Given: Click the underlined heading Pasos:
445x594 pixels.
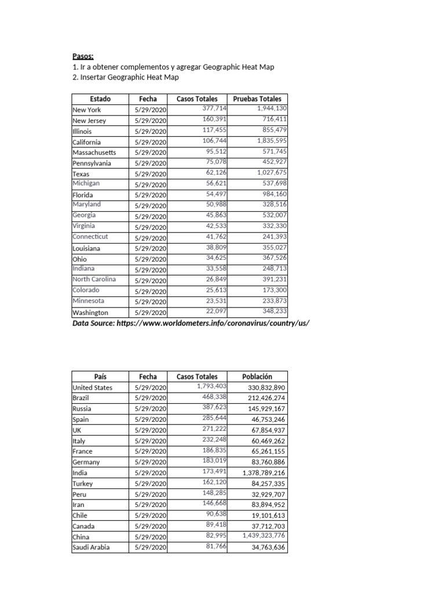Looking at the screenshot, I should coord(83,56).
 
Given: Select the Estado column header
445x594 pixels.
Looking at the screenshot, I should coord(100,99).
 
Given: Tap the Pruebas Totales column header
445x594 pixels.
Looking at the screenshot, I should coord(257,99).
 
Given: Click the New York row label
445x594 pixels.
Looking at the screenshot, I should coord(87,110).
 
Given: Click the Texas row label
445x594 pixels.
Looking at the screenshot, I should coord(81,174).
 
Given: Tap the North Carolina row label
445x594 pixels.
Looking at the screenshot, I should coord(94,279).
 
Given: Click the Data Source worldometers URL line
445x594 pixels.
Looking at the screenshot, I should coord(187,323).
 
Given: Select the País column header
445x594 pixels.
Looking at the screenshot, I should coord(100,376).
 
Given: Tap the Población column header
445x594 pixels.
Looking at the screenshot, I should coord(257,376).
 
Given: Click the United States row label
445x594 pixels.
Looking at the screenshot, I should coord(93,387).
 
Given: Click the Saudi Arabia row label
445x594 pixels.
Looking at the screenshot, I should coord(91,547).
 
